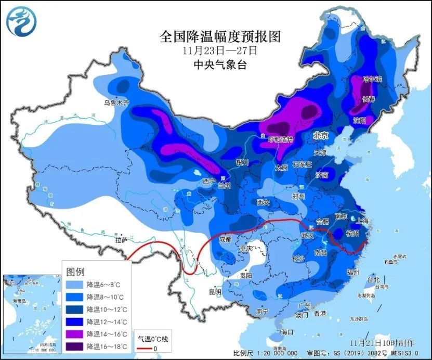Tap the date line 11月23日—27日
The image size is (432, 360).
[220, 51]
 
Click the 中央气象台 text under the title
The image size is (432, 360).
[220, 65]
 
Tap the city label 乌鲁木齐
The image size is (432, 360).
[115, 103]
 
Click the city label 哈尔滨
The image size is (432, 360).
[372, 79]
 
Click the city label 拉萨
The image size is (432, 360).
[121, 240]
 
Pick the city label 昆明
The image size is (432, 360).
[215, 292]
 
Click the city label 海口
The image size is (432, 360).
[288, 331]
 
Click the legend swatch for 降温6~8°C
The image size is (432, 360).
[75, 285]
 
